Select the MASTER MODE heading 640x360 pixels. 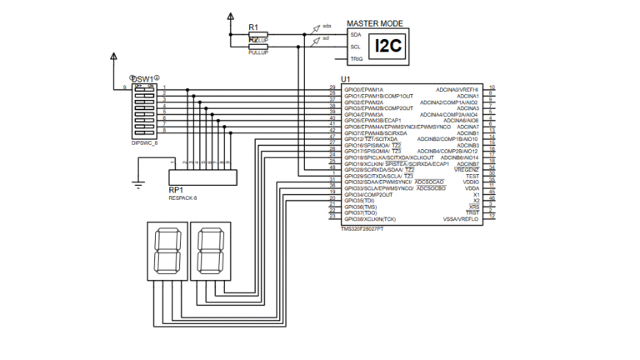click(375, 23)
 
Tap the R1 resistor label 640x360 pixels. click(253, 27)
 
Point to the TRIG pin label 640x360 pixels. click(356, 59)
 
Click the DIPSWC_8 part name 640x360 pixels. click(144, 143)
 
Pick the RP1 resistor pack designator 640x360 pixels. click(176, 190)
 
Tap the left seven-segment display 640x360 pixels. click(164, 251)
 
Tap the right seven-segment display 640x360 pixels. click(209, 251)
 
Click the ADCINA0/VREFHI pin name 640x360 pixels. click(457, 89)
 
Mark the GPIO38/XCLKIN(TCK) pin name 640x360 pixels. click(372, 218)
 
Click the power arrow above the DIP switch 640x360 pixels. click(114, 57)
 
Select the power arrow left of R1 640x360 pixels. click(231, 17)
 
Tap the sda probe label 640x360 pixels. click(327, 26)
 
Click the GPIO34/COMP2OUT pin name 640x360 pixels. click(367, 194)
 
